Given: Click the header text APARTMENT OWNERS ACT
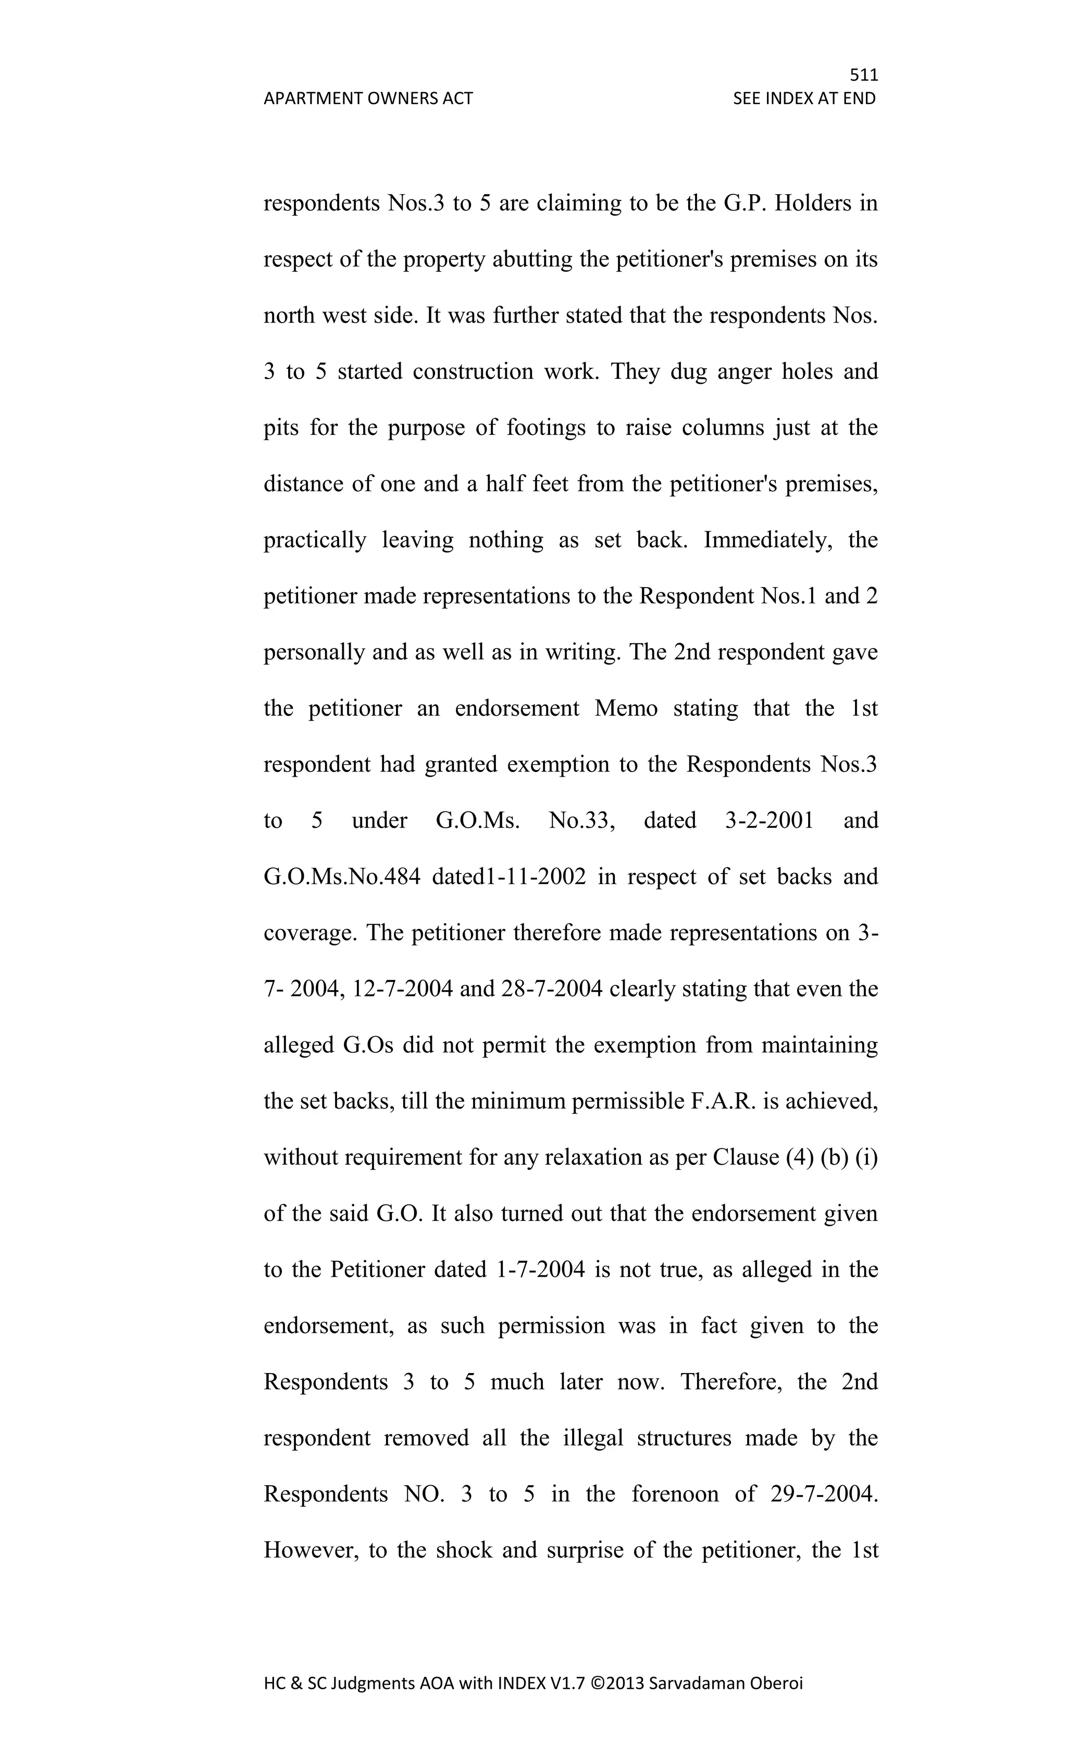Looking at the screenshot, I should (x=368, y=98).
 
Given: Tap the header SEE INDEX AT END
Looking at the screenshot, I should (x=804, y=98).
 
